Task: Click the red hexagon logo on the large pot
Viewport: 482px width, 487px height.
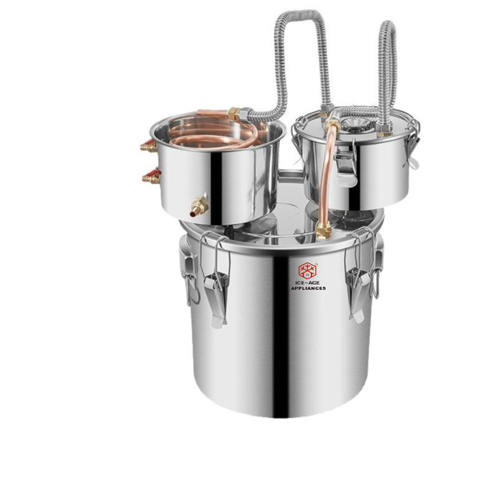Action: click(308, 270)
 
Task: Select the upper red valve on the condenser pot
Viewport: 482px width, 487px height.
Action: click(148, 146)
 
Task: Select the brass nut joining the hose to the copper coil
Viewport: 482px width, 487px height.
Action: click(235, 114)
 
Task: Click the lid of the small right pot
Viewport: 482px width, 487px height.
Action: click(357, 126)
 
